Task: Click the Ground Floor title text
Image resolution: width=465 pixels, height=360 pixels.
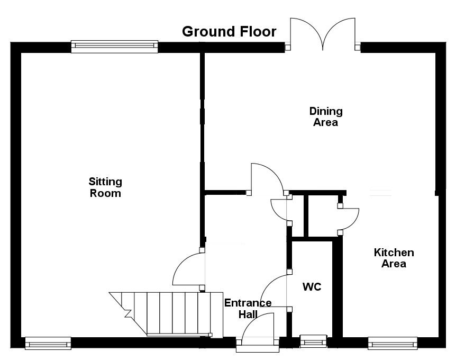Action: [229, 31]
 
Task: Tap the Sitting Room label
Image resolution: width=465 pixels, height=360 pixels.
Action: [105, 187]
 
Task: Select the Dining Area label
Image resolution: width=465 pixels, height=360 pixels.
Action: [326, 116]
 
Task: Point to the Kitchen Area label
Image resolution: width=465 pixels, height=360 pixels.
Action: [394, 258]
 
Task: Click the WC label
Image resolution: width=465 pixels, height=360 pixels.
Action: [312, 287]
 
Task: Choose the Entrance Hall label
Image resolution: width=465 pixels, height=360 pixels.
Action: [248, 308]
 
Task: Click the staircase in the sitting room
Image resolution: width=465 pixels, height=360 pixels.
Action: [166, 314]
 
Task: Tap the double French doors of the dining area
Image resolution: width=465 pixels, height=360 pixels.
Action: [322, 34]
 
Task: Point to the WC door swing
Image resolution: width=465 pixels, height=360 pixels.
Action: [273, 290]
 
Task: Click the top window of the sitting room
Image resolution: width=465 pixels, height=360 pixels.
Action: [114, 47]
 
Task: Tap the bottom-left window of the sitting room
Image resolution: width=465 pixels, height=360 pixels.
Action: [48, 344]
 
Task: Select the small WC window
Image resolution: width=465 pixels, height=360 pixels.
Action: [314, 341]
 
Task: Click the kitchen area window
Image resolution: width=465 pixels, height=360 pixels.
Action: [393, 344]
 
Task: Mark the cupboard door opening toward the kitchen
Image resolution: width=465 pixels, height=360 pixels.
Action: [349, 219]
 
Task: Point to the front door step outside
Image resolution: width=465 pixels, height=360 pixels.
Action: [258, 349]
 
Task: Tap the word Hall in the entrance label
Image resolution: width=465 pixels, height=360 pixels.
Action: [248, 314]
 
